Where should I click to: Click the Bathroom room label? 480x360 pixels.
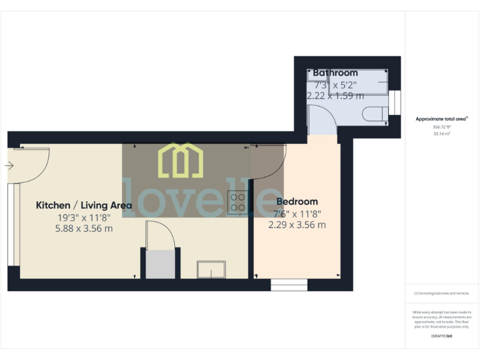pyautogui.click(x=335, y=73)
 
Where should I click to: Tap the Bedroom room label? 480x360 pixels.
pyautogui.click(x=297, y=202)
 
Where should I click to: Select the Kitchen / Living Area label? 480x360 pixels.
pyautogui.click(x=84, y=205)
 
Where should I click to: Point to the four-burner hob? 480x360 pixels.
pyautogui.click(x=237, y=201)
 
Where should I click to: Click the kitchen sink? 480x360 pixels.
pyautogui.click(x=211, y=269)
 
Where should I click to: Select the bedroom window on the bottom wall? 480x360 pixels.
pyautogui.click(x=289, y=285)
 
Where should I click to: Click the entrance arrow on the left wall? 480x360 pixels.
pyautogui.click(x=9, y=166)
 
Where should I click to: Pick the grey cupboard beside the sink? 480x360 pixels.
pyautogui.click(x=160, y=264)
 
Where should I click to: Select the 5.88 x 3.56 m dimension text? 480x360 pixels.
pyautogui.click(x=84, y=229)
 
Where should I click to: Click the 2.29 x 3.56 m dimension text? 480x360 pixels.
pyautogui.click(x=297, y=225)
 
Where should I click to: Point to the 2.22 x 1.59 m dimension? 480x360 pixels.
pyautogui.click(x=335, y=96)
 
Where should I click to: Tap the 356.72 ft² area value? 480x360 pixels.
pyautogui.click(x=442, y=126)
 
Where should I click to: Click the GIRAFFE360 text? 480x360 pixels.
pyautogui.click(x=442, y=336)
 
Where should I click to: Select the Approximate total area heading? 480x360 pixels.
pyautogui.click(x=441, y=118)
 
